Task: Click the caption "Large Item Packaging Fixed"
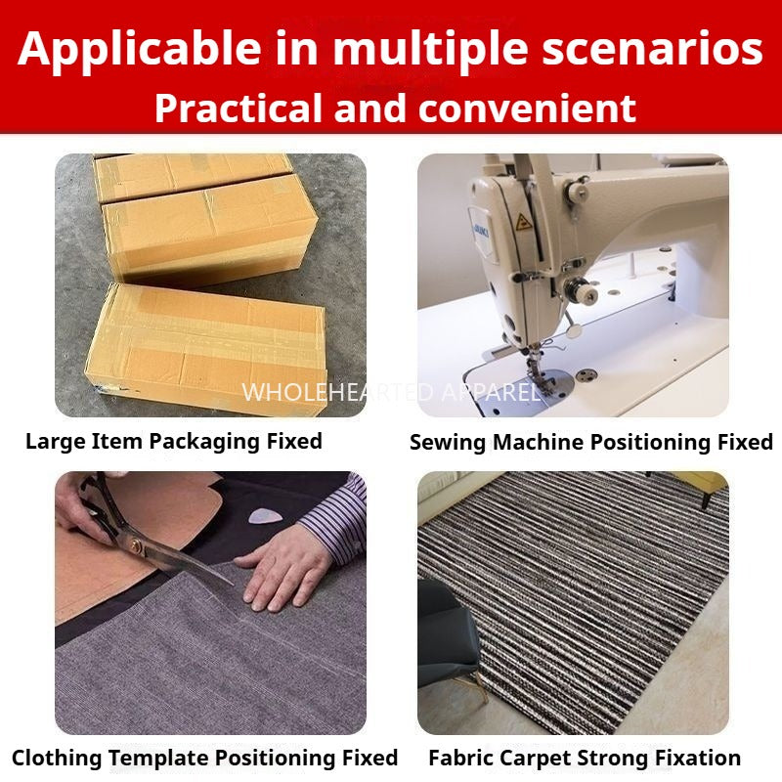pyautogui.click(x=174, y=441)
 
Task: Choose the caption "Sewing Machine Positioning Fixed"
pyautogui.click(x=590, y=442)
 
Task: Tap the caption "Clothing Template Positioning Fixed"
pyautogui.click(x=205, y=758)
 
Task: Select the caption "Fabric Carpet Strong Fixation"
pyautogui.click(x=585, y=758)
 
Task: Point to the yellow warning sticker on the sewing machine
pyautogui.click(x=523, y=222)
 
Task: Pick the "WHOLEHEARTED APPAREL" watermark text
pyautogui.click(x=390, y=393)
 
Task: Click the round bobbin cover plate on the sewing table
pyautogui.click(x=587, y=375)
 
